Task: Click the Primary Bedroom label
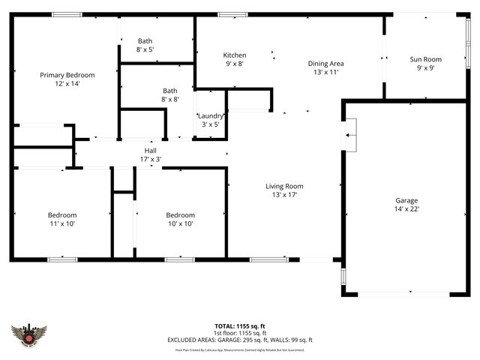[x=67, y=75]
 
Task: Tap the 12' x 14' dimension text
[x=67, y=84]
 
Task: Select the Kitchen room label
[x=235, y=55]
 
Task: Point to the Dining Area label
[x=326, y=64]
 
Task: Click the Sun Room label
[x=425, y=59]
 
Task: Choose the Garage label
[x=407, y=200]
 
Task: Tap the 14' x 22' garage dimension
[x=407, y=210]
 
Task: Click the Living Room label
[x=284, y=186]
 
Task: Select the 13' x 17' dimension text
[x=284, y=195]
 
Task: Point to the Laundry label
[x=211, y=115]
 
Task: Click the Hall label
[x=150, y=151]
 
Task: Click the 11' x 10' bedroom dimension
[x=61, y=223]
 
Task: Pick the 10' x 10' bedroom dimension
[x=180, y=223]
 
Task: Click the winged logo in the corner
[x=29, y=334]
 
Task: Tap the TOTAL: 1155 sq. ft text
[x=239, y=326]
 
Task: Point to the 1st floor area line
[x=239, y=333]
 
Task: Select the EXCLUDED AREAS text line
[x=239, y=340]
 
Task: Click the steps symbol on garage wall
[x=350, y=134]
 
